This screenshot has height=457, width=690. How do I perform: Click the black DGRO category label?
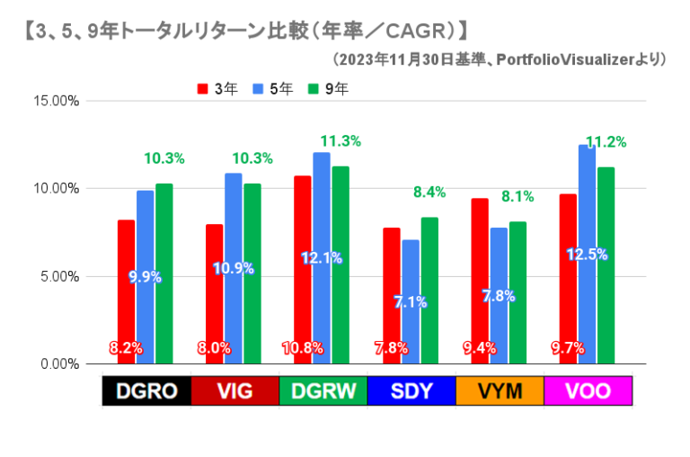[x=143, y=392]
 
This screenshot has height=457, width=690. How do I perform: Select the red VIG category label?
[x=232, y=392]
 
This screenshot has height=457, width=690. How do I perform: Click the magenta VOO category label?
[x=588, y=392]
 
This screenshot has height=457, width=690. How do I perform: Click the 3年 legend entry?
[x=218, y=88]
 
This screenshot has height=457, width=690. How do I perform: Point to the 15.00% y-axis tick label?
[x=57, y=101]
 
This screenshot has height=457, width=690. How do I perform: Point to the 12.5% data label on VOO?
[x=587, y=255]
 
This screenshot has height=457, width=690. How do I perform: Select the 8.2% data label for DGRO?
[x=126, y=348]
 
